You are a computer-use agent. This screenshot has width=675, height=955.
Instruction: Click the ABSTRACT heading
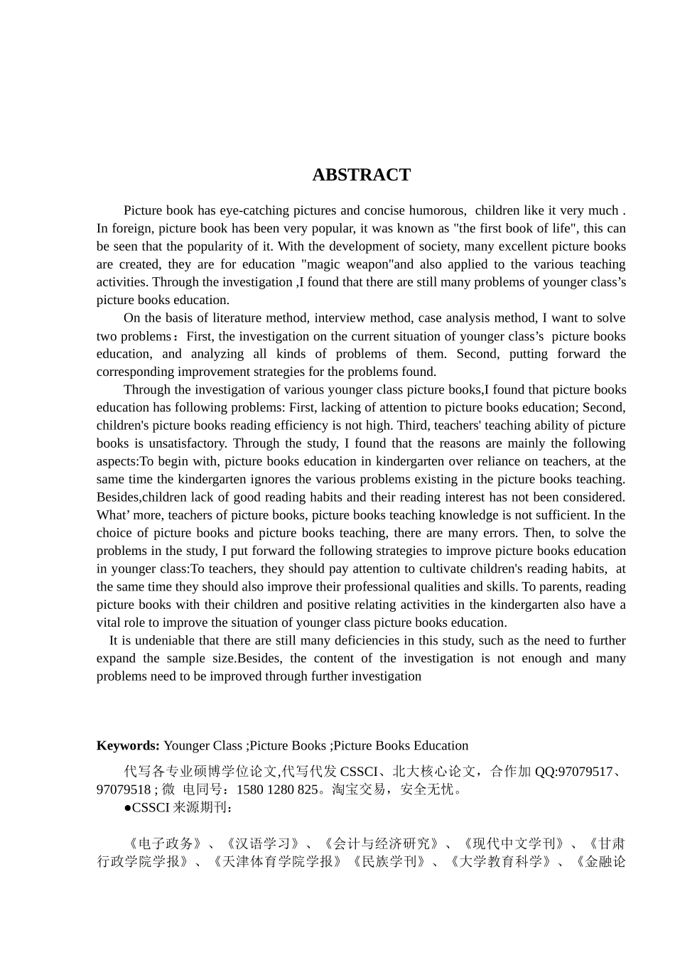point(361,175)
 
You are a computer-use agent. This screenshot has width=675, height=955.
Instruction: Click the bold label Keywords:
point(128,745)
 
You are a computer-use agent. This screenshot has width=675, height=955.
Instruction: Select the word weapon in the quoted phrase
point(361,264)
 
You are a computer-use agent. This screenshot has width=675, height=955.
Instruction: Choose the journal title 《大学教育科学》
point(502,862)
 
